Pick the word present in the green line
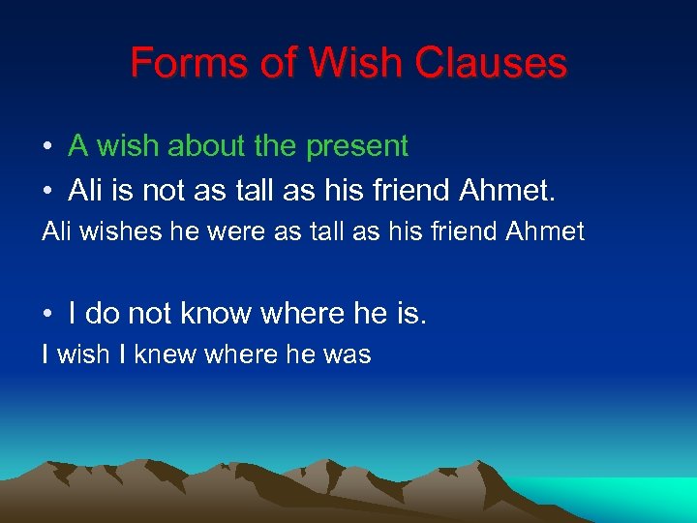(357, 147)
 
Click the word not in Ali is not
(166, 190)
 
